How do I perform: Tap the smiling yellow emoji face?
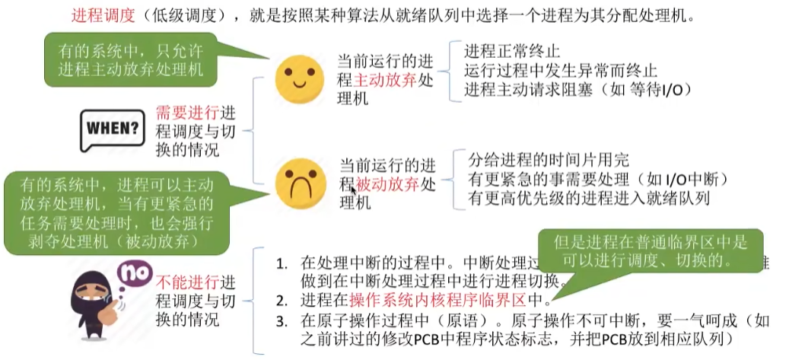294,79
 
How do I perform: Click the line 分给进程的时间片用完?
549,160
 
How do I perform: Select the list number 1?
283,263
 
